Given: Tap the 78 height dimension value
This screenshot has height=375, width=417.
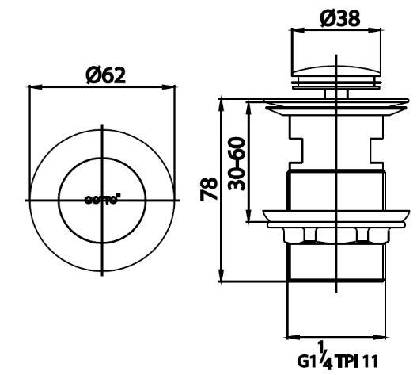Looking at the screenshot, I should pyautogui.click(x=210, y=189).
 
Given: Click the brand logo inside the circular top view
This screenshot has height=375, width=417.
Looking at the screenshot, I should pyautogui.click(x=103, y=200).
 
